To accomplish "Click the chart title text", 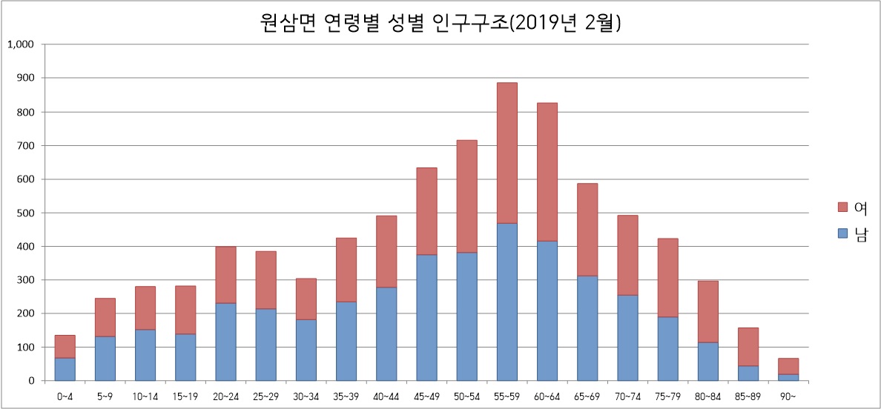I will (x=440, y=22).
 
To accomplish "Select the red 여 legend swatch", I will (x=842, y=206).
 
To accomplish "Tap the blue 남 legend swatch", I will (x=842, y=233).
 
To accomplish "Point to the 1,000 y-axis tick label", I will (x=21, y=44).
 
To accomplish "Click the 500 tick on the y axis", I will (x=25, y=213).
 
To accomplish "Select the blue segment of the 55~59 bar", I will (x=507, y=302).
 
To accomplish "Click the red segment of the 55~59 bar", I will (x=507, y=153).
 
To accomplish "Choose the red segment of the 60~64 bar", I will (x=547, y=171).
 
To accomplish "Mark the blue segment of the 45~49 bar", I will (x=426, y=317).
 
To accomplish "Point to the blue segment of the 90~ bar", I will (x=788, y=377).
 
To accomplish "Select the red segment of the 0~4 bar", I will (x=65, y=346).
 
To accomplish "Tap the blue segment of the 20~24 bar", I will (x=225, y=342).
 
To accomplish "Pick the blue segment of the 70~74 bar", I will (x=627, y=338).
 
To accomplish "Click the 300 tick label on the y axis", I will (x=25, y=280).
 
